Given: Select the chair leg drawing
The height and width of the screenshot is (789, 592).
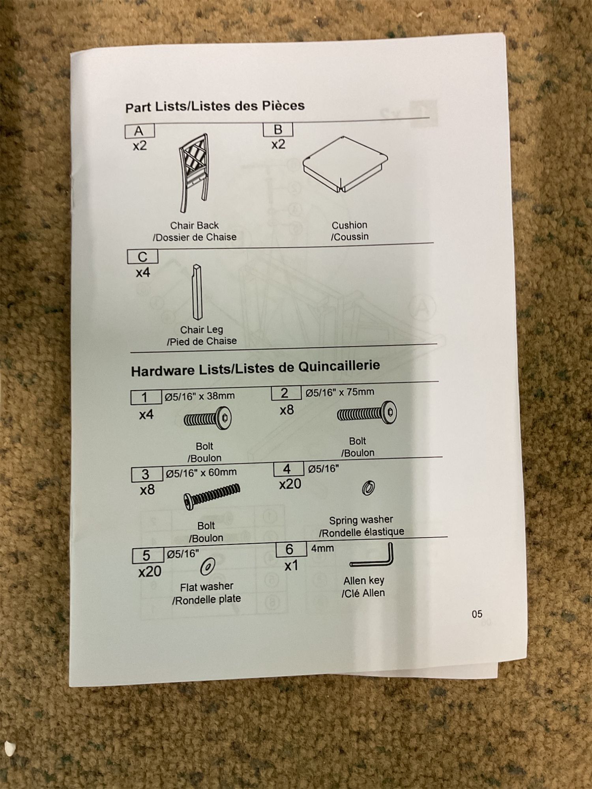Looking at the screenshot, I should [x=197, y=292].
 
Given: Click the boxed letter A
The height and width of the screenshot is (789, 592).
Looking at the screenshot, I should [x=139, y=131].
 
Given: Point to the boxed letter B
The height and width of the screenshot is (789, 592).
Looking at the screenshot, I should [x=278, y=129].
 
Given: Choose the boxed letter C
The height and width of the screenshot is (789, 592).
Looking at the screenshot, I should [x=142, y=257].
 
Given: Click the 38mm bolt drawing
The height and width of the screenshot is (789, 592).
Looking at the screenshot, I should [x=208, y=419].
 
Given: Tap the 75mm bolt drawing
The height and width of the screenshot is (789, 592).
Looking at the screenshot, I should [x=367, y=413].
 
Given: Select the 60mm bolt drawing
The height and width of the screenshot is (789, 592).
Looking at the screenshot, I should [x=212, y=496].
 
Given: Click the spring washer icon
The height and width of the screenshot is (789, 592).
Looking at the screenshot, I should [x=368, y=488].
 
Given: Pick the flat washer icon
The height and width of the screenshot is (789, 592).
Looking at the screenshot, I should [x=207, y=567].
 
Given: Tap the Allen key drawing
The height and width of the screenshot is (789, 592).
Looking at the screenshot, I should [x=373, y=556].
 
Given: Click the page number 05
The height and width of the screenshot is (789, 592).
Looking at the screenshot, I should [x=477, y=614].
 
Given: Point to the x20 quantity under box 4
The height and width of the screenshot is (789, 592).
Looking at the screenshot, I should [x=290, y=484].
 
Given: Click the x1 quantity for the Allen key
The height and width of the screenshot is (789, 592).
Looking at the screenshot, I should [x=291, y=566].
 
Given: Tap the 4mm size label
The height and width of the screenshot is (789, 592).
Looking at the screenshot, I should [x=322, y=548].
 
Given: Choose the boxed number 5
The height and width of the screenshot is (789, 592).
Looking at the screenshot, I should [x=146, y=555].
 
